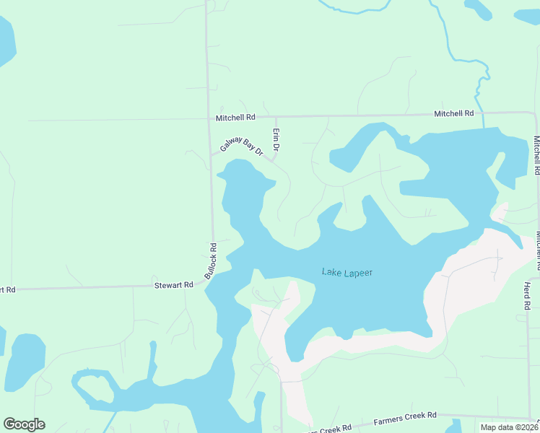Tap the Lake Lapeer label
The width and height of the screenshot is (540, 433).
pyautogui.click(x=347, y=272)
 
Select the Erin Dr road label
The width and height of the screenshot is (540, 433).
pyautogui.click(x=276, y=139)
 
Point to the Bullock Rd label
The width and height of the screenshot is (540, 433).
pyautogui.click(x=210, y=261)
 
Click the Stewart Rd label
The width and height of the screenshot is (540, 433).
pyautogui.click(x=174, y=285)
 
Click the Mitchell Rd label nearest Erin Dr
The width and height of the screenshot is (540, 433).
pyautogui.click(x=235, y=117)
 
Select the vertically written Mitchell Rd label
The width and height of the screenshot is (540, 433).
pyautogui.click(x=537, y=156)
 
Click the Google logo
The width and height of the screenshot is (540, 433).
pyautogui.click(x=24, y=424)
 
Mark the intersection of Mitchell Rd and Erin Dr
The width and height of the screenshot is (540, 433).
pyautogui.click(x=276, y=116)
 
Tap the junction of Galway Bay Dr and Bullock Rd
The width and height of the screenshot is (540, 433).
pyautogui.click(x=211, y=154)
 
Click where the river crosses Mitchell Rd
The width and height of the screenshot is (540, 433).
pyautogui.click(x=482, y=113)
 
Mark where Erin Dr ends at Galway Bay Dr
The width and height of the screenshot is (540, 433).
pyautogui.click(x=272, y=158)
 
